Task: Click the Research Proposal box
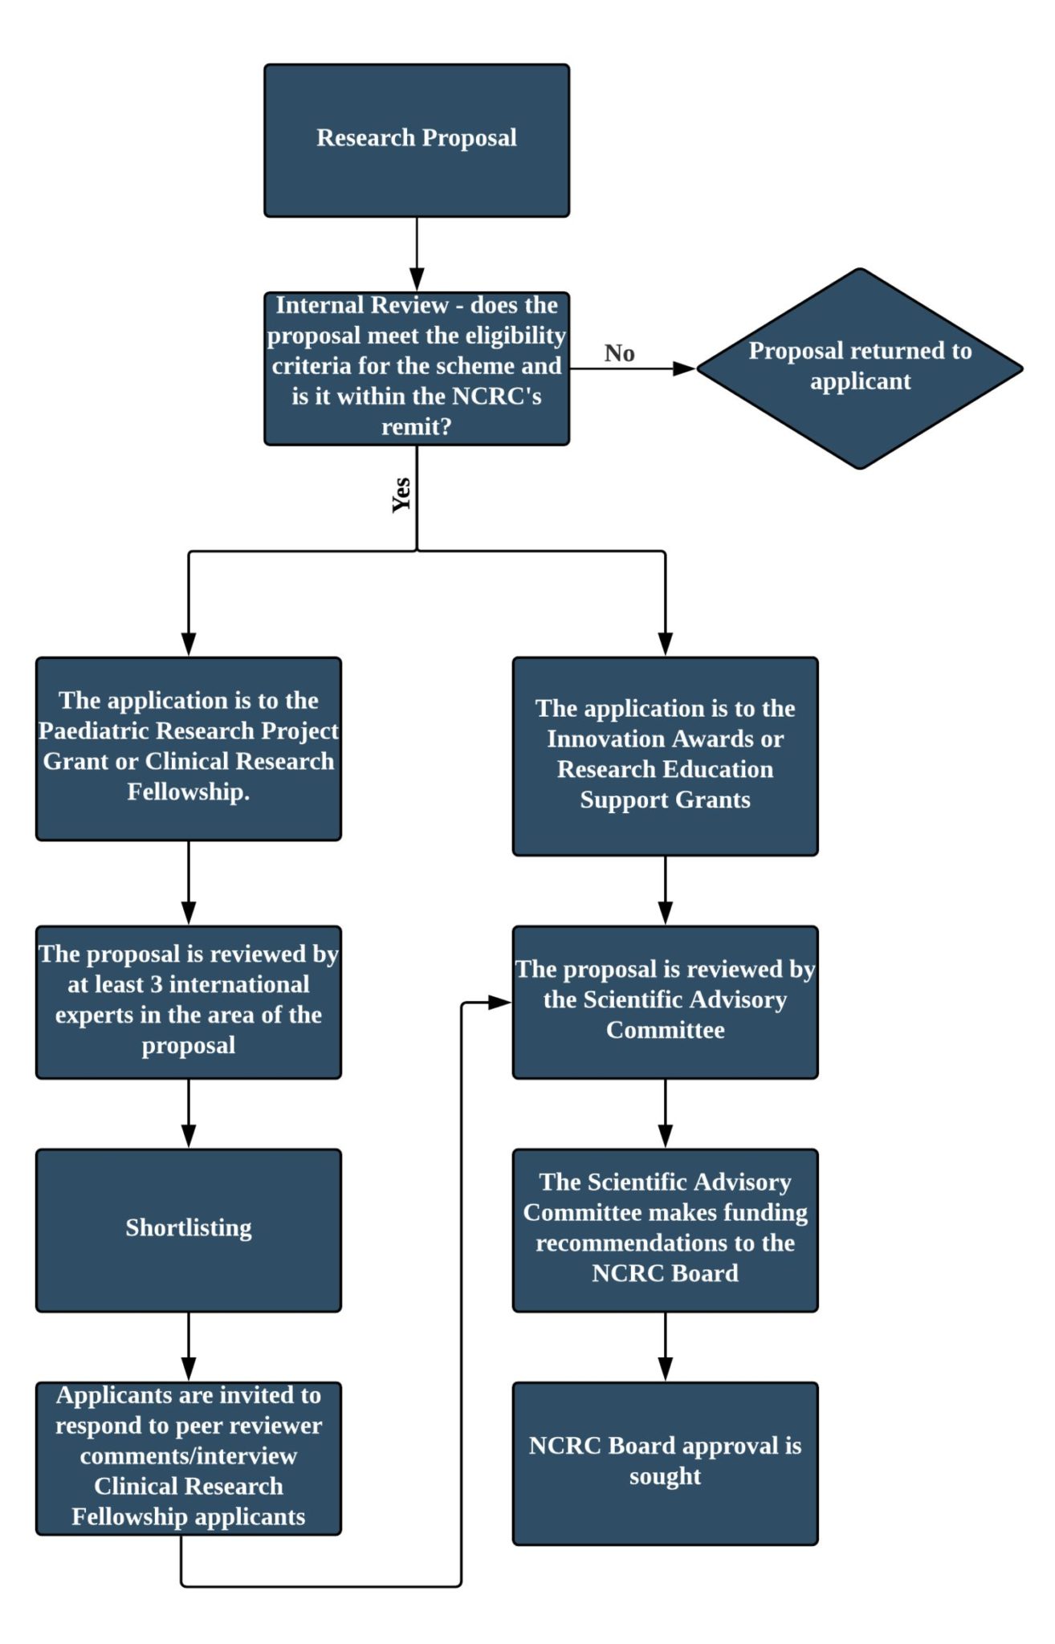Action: (x=416, y=140)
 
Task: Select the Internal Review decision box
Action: (x=416, y=368)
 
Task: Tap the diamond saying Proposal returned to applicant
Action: (x=859, y=368)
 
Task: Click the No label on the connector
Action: (x=619, y=353)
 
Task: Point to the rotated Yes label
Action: (x=401, y=494)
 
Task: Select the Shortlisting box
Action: (x=188, y=1230)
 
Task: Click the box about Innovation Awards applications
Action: (x=665, y=755)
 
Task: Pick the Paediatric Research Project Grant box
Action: (x=188, y=748)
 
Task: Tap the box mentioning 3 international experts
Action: (x=188, y=1001)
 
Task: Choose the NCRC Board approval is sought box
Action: (x=665, y=1463)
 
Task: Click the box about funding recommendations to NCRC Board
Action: (x=665, y=1230)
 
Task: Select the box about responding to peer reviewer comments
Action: (x=188, y=1458)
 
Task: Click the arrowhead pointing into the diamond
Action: (x=684, y=368)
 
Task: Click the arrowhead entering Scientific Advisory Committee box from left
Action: (x=499, y=1002)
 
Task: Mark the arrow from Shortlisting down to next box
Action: (x=188, y=1346)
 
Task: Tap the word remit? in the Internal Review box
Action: (x=416, y=427)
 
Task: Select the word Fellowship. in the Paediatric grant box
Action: (x=188, y=792)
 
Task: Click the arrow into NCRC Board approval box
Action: (x=665, y=1357)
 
